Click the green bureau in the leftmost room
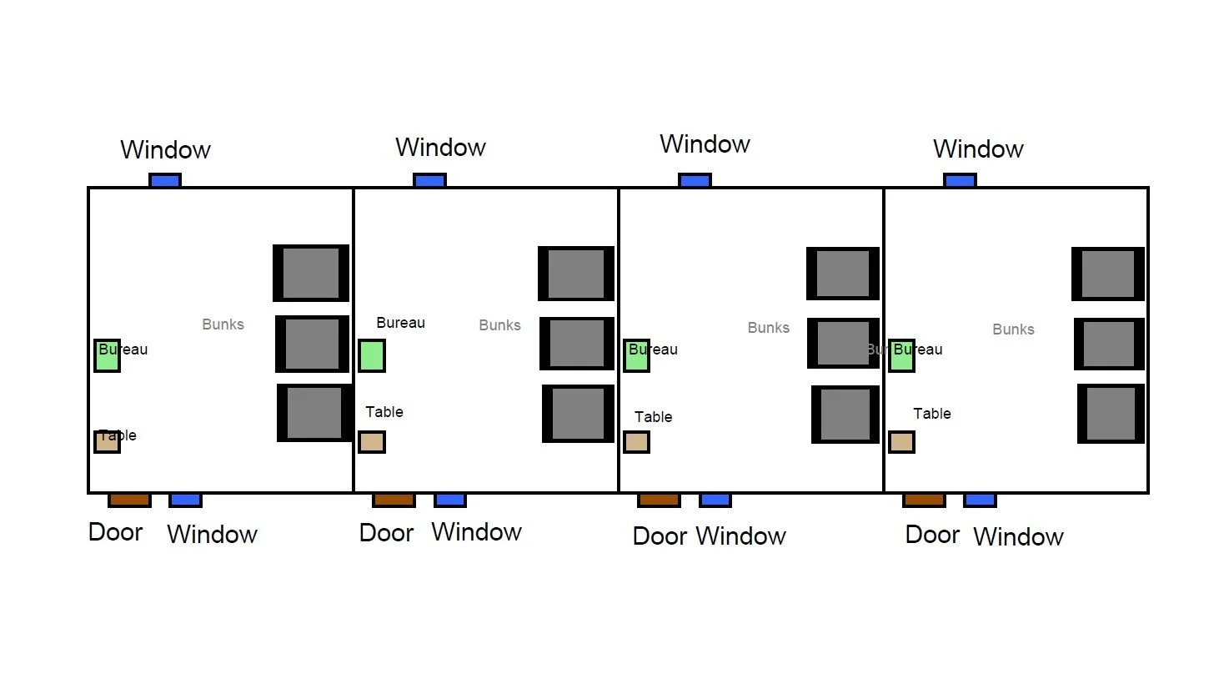pos(107,355)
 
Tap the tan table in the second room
pos(371,441)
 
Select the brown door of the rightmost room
pos(924,500)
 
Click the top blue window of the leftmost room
pos(165,180)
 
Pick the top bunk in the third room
pos(843,274)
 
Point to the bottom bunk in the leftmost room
pos(314,413)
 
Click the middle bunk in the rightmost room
pos(1108,344)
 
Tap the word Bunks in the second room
pos(499,325)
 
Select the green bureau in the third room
pos(636,355)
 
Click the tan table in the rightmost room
pos(901,441)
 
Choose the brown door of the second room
pos(394,500)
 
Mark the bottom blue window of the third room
pos(715,500)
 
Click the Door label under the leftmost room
pos(115,532)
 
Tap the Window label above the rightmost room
pos(978,149)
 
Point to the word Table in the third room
pos(653,417)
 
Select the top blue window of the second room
pos(429,180)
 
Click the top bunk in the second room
pos(576,274)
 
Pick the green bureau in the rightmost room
pos(901,355)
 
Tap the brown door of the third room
pos(659,500)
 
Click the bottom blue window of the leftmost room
pos(185,500)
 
